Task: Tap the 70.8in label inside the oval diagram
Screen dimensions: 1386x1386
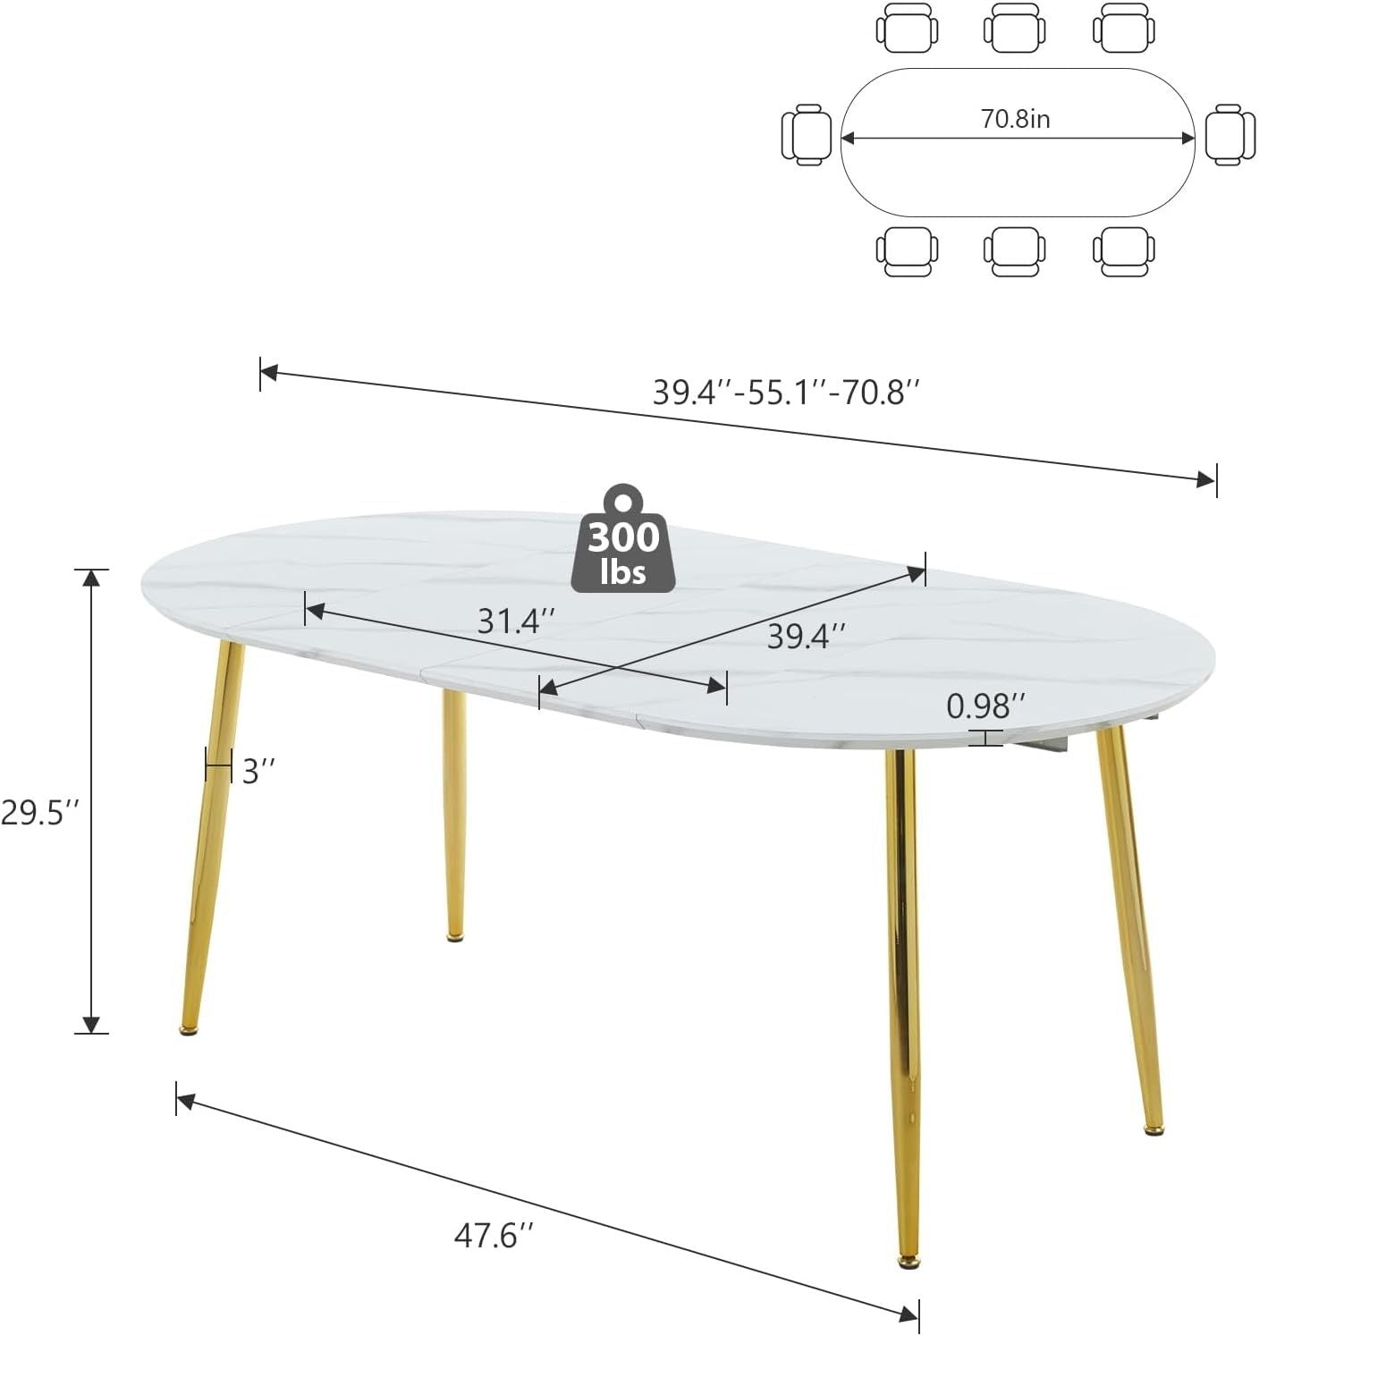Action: tap(1015, 119)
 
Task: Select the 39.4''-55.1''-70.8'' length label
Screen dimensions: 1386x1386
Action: tap(786, 393)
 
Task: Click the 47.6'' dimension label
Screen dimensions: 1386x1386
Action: tap(494, 1236)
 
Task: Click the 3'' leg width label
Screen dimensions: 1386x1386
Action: tap(258, 771)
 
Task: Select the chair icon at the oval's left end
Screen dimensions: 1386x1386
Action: tap(807, 135)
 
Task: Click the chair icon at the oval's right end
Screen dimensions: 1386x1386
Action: tap(1230, 134)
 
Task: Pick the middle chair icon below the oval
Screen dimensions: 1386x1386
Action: tap(1015, 251)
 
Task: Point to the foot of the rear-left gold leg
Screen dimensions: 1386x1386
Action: tap(455, 936)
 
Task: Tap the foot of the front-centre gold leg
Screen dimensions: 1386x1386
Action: tap(909, 1262)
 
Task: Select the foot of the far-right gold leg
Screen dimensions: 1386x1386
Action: tap(1154, 1130)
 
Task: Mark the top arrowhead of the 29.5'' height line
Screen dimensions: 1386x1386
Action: tap(91, 577)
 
